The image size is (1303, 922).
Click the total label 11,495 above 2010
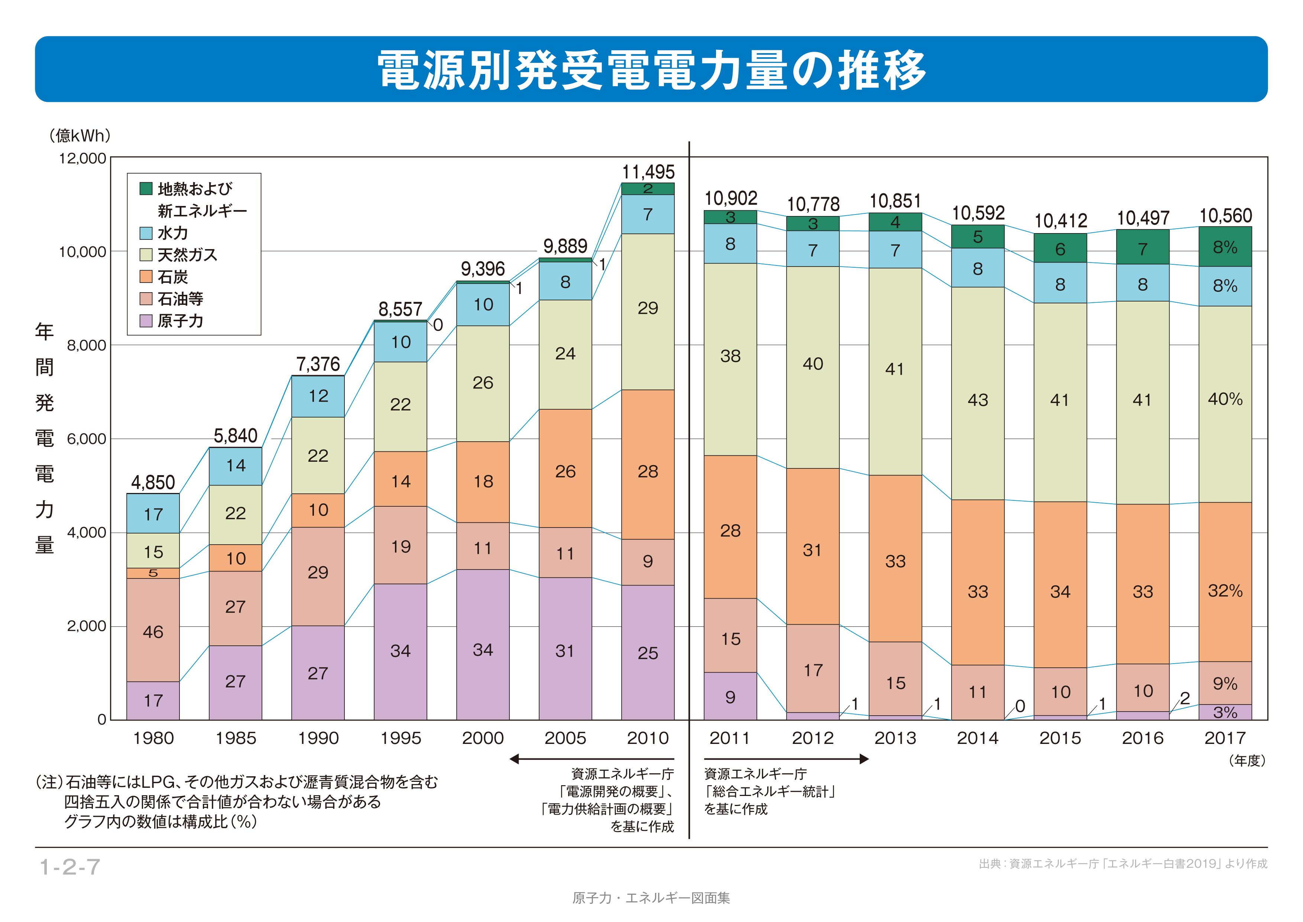coord(648,172)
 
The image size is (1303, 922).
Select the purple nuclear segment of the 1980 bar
coord(153,700)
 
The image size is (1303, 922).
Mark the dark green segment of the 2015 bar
coord(1060,248)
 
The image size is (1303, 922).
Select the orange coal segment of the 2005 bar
coord(565,468)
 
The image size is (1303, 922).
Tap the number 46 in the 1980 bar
coord(153,632)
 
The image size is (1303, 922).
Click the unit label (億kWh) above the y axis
coord(80,136)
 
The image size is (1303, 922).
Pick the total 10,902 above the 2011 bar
coord(730,198)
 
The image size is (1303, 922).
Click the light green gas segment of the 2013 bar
coord(895,371)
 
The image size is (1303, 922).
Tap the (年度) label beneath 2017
coord(1247,761)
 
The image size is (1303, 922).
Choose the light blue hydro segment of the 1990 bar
coord(318,396)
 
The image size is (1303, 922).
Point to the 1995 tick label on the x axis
coord(401,738)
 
